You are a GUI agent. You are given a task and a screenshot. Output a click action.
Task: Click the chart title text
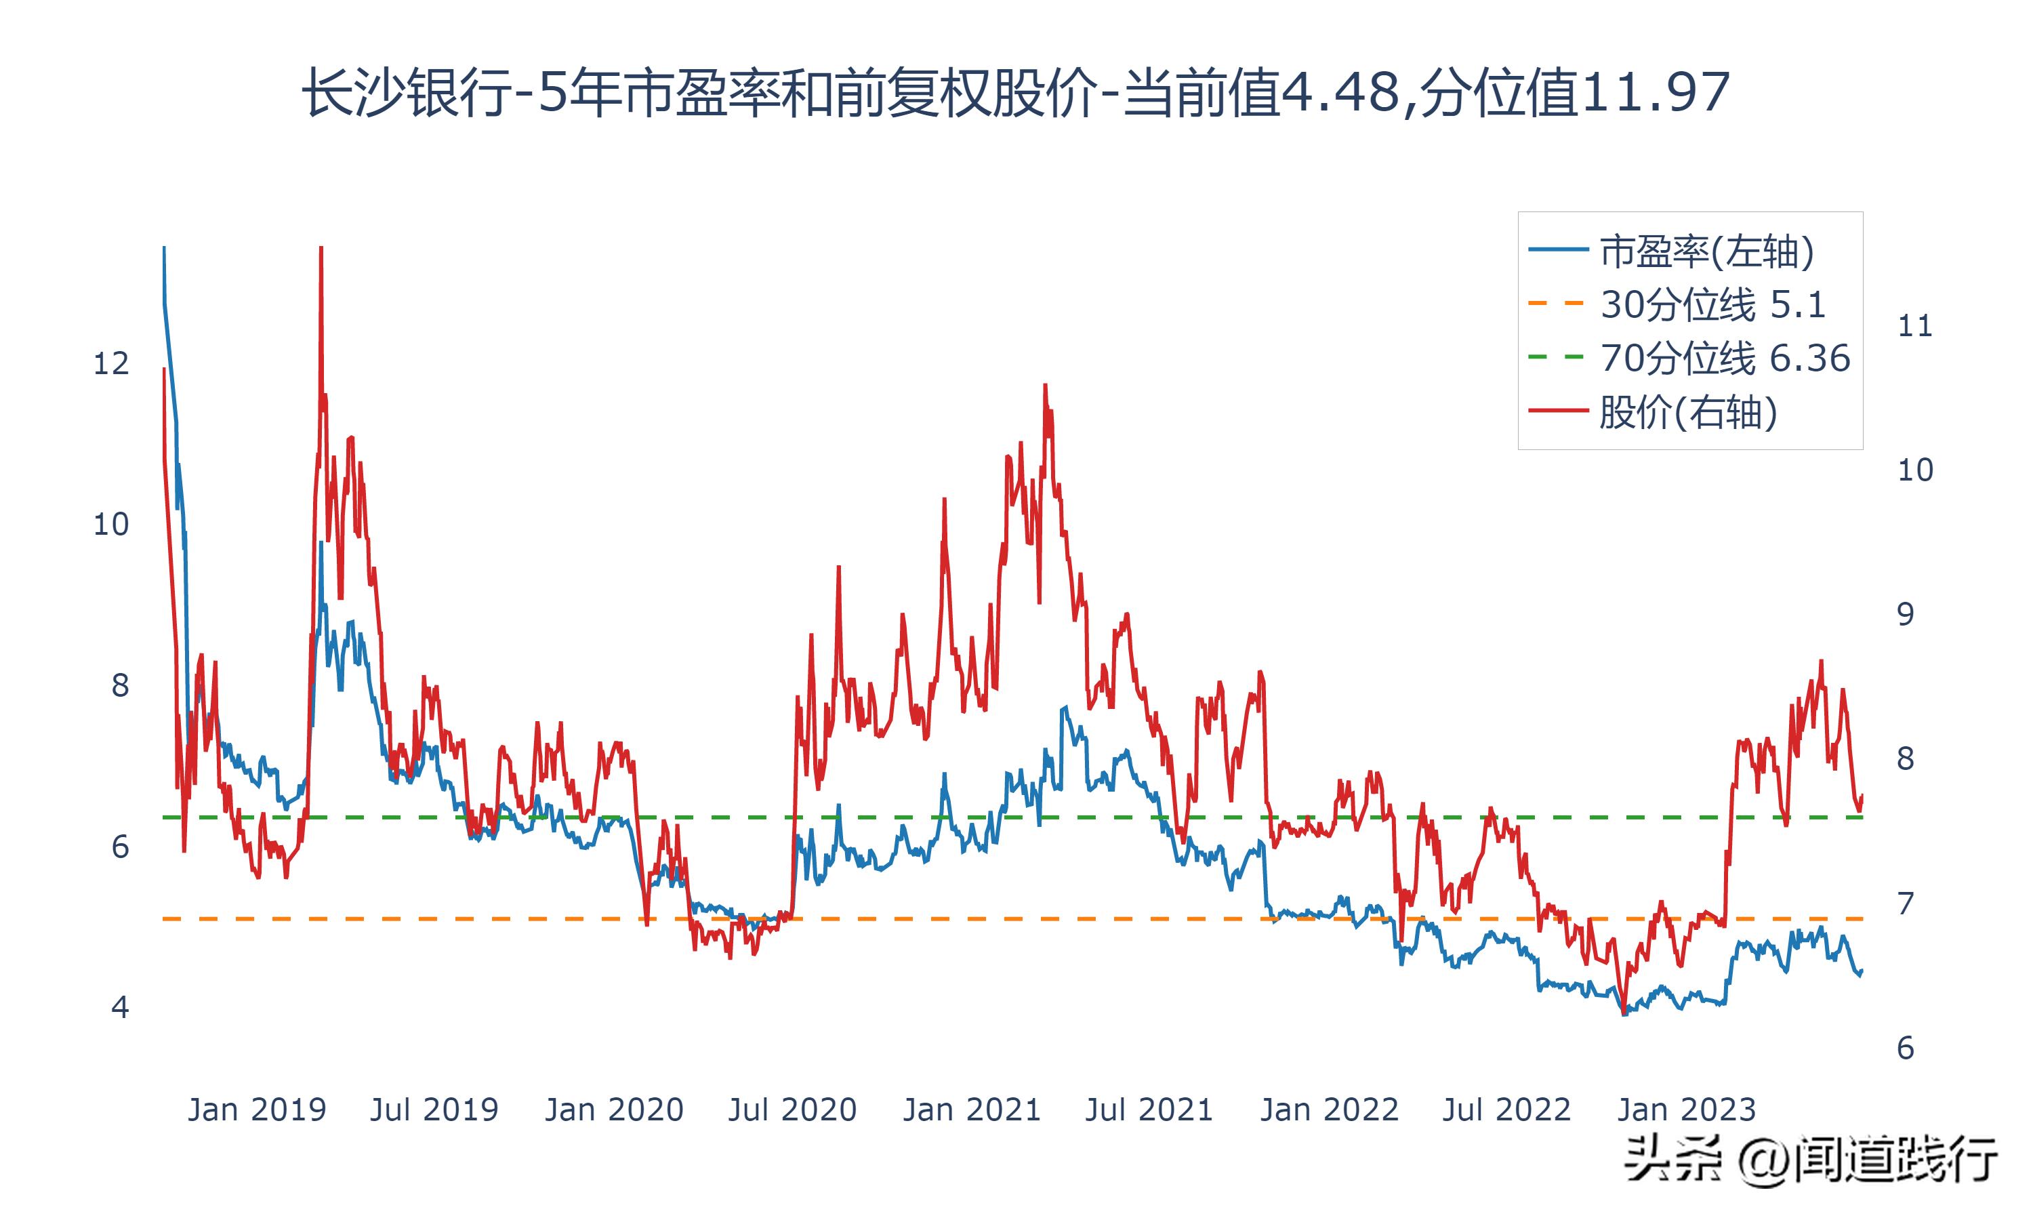coord(1016,92)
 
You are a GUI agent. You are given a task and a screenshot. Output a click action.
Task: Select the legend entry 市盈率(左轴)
coord(1706,251)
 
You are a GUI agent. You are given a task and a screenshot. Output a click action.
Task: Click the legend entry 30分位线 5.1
coord(1712,305)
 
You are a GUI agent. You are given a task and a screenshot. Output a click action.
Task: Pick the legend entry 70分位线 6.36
coord(1724,359)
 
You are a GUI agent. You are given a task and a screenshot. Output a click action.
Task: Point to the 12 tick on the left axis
coord(111,363)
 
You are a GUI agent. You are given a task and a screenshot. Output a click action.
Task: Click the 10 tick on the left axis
coord(111,525)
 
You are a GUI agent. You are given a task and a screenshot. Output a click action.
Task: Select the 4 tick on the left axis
coord(120,1007)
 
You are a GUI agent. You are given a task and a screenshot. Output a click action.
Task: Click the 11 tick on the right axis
coord(1914,327)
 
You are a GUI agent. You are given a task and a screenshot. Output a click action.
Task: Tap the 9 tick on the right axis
coord(1905,614)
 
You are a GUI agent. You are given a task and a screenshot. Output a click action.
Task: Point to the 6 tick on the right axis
coord(1905,1048)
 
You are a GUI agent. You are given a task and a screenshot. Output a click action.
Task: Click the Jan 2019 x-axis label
coord(256,1110)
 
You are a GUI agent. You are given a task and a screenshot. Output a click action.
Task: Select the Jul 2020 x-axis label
coord(792,1110)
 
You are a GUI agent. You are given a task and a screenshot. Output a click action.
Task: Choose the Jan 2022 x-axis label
coord(1329,1110)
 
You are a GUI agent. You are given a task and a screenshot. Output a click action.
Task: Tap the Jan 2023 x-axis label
coord(1686,1110)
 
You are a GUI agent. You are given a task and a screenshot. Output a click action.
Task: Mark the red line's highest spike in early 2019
coord(321,248)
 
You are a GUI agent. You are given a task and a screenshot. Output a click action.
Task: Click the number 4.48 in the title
coord(1340,92)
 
